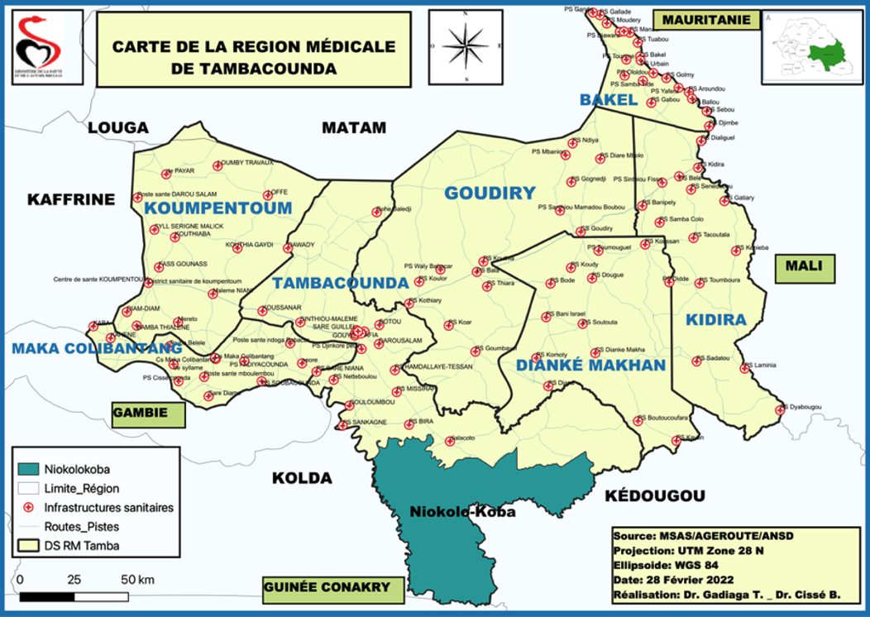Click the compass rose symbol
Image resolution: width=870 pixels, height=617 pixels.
pyautogui.click(x=467, y=45)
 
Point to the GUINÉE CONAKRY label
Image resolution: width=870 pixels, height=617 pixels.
pyautogui.click(x=326, y=587)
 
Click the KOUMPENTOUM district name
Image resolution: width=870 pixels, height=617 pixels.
pyautogui.click(x=219, y=208)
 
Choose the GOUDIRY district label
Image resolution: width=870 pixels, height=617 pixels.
pyautogui.click(x=490, y=194)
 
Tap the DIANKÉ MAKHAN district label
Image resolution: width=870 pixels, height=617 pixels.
pyautogui.click(x=590, y=366)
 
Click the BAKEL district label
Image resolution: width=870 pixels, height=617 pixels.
pyautogui.click(x=608, y=100)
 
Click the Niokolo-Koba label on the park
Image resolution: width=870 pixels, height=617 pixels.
pyautogui.click(x=462, y=512)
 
